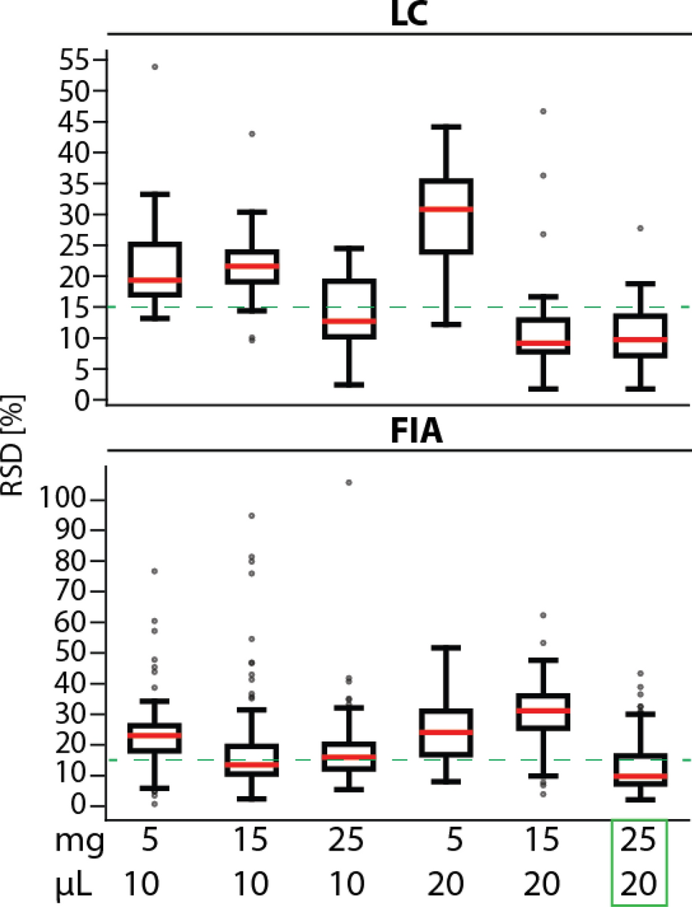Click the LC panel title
coord(409,14)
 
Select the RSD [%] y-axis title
coord(12,445)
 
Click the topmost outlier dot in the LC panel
coord(154,67)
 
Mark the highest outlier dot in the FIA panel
coord(349,483)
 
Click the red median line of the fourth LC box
coord(446,209)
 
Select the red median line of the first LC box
coord(154,280)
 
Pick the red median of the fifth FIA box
coord(542,710)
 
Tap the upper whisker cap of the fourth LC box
coord(446,127)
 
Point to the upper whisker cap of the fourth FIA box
coord(446,647)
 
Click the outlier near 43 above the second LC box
coord(251,134)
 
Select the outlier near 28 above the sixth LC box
coord(640,228)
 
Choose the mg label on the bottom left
coord(79,842)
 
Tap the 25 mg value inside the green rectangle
coord(638,840)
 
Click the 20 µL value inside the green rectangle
coord(638,884)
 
